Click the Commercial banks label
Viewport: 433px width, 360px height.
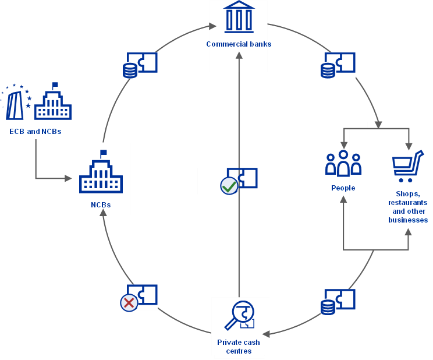(x=239, y=44)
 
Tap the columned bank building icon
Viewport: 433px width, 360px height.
(x=239, y=17)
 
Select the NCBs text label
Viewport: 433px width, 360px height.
(x=101, y=205)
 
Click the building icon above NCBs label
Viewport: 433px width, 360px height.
(x=101, y=173)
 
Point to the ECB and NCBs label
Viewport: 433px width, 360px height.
(x=36, y=132)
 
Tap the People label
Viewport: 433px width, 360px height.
(x=343, y=188)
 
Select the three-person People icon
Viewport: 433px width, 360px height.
(x=343, y=164)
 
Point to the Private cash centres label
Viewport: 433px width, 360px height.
(x=239, y=347)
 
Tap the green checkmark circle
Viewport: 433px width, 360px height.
(x=229, y=186)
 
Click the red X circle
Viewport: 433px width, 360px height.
(x=129, y=303)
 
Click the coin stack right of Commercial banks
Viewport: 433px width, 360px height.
(x=328, y=70)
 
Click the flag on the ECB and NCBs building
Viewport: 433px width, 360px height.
(x=55, y=85)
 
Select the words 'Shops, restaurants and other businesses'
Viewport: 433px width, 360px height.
(x=408, y=207)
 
